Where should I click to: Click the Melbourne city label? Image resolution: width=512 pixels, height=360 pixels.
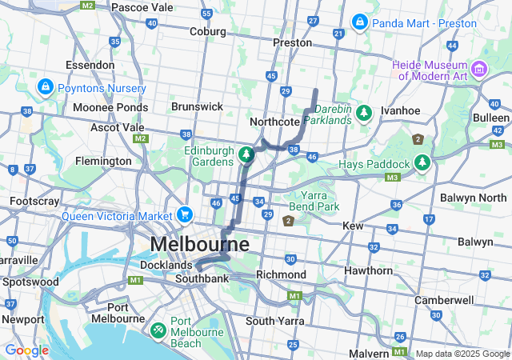tap(199, 243)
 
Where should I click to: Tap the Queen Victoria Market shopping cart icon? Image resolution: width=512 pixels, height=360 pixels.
tap(185, 214)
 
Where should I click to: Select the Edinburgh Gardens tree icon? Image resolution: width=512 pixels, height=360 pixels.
tap(247, 153)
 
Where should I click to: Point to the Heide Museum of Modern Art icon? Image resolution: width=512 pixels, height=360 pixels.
tap(479, 70)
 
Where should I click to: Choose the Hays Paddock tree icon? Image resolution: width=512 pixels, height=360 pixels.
tap(422, 163)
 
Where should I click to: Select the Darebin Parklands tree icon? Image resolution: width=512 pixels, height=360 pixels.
tap(364, 113)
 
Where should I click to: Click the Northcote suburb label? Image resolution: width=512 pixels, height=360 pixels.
tap(274, 122)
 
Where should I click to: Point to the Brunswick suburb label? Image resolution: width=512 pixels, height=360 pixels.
tap(197, 106)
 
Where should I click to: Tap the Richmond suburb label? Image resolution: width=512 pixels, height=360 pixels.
tap(281, 274)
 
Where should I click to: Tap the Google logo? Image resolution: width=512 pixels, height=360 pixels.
tap(26, 350)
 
